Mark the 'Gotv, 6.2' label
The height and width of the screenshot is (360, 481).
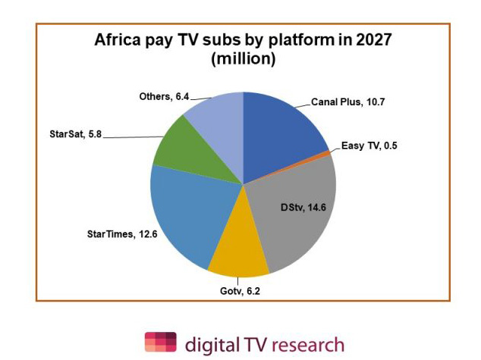pyautogui.click(x=237, y=289)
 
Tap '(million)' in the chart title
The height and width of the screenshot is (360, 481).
pyautogui.click(x=242, y=59)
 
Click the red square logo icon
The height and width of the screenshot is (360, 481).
pyautogui.click(x=160, y=342)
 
